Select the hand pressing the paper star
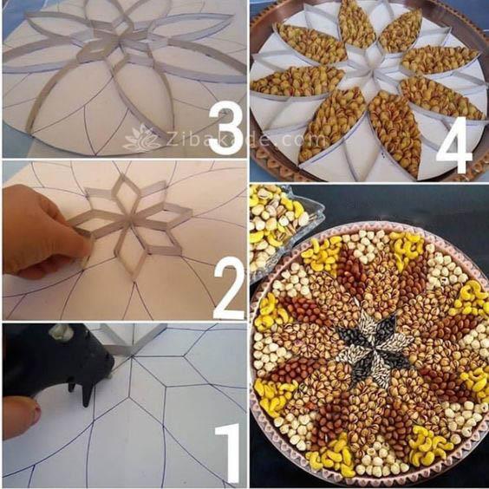(x=39, y=230)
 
